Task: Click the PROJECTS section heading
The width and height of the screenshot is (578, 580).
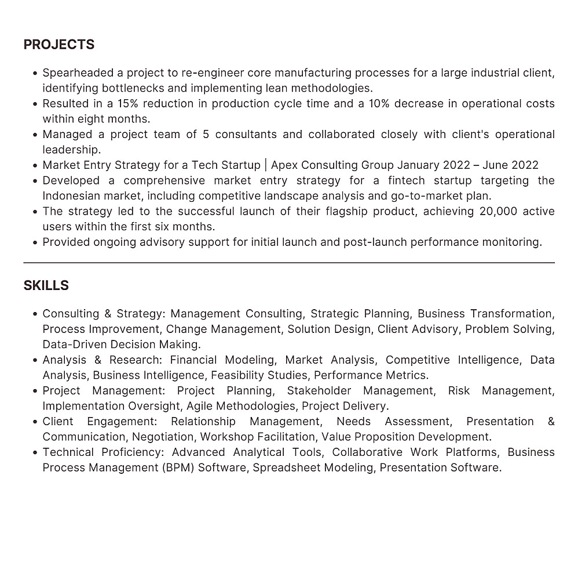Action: click(58, 45)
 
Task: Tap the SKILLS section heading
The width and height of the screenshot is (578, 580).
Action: click(46, 285)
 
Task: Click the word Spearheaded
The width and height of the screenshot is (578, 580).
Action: click(79, 73)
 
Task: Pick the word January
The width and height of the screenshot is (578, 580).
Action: click(418, 165)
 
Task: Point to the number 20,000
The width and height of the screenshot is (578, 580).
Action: click(499, 211)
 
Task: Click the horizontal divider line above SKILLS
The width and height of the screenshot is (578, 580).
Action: click(289, 263)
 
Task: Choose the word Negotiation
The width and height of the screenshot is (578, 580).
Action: click(163, 437)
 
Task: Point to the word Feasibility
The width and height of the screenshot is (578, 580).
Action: click(242, 375)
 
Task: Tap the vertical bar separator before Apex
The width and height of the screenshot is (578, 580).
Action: click(265, 165)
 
